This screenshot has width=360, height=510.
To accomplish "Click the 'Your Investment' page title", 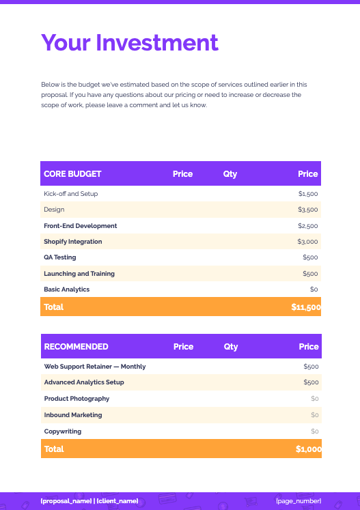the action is [130, 42].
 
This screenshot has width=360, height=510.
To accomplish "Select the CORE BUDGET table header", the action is [72, 174].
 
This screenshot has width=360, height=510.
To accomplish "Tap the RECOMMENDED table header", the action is [76, 347].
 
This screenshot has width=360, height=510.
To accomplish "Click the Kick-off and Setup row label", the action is [71, 194].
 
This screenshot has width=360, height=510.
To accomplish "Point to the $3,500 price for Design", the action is [308, 210].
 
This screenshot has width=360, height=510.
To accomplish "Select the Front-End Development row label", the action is [81, 226].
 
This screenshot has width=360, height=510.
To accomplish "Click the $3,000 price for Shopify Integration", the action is [307, 242].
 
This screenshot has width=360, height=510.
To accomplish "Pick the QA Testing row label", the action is [60, 257].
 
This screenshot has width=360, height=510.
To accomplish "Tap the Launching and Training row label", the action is [79, 274].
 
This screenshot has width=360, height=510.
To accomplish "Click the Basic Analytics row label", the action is [67, 289].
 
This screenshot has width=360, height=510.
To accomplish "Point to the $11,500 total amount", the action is [305, 307].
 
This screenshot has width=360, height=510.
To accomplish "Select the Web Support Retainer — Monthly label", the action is [95, 367].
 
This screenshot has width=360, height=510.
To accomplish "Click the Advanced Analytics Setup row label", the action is [84, 382].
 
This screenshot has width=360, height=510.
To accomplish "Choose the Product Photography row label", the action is [77, 399].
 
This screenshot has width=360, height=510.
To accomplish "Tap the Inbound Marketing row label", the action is [73, 415].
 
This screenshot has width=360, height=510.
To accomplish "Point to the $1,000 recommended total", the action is [308, 449].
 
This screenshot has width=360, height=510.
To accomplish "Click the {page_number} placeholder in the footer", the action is [299, 501].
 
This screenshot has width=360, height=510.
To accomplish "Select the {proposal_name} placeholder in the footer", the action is [66, 501].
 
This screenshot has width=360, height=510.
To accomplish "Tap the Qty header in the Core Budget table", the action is [230, 174].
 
